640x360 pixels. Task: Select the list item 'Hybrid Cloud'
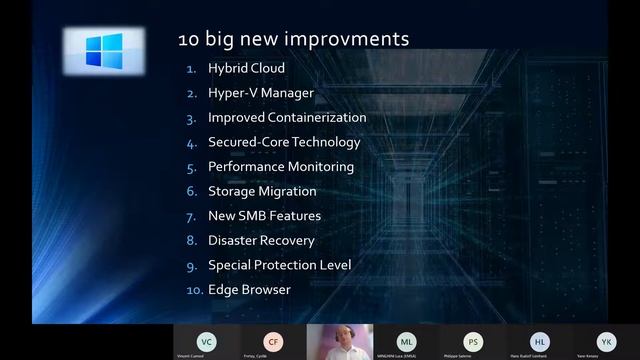point(246,68)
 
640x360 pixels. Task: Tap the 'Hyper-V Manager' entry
point(261,93)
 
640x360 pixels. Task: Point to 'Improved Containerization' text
point(287,117)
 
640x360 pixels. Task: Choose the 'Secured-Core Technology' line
point(284,142)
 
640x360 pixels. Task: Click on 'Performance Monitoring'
point(281,167)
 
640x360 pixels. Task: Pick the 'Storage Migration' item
point(262,191)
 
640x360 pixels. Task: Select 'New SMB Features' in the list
point(264,216)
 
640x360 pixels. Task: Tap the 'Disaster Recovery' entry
point(261,240)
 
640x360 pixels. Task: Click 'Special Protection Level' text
point(279,265)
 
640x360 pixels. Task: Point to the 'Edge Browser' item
point(249,290)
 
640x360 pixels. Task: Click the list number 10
point(194,290)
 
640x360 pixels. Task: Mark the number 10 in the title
point(188,39)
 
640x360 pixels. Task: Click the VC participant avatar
point(205,340)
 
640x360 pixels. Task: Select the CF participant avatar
point(272,340)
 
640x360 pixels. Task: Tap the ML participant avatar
point(406,340)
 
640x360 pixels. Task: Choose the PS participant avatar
point(472,340)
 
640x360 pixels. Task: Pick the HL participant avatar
point(539,340)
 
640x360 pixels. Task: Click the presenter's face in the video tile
point(338,338)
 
